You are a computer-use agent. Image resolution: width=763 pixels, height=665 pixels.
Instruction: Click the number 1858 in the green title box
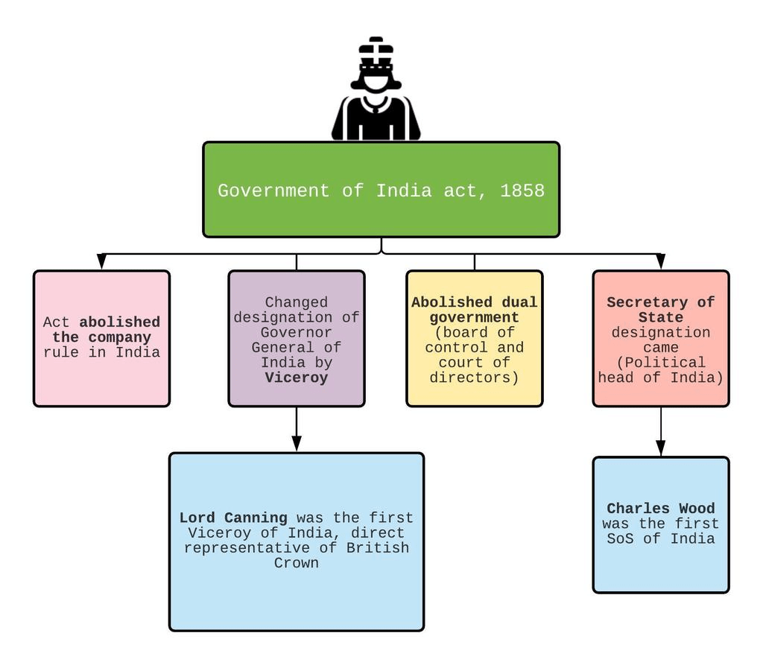(x=522, y=191)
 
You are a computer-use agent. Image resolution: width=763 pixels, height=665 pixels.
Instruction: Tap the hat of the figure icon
(x=376, y=52)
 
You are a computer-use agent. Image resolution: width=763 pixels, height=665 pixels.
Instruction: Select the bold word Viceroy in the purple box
(x=297, y=378)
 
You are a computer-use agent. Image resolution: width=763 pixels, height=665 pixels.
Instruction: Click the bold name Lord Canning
(x=233, y=518)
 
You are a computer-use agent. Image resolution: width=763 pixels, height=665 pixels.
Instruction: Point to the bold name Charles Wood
(x=660, y=509)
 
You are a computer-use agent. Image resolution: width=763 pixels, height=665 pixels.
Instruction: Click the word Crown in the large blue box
(x=297, y=563)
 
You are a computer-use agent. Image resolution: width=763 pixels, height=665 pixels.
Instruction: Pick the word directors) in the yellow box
(x=474, y=378)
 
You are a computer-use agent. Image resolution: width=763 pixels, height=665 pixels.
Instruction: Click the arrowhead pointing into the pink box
(x=101, y=261)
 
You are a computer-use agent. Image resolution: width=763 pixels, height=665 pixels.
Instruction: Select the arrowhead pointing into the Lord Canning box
(x=297, y=443)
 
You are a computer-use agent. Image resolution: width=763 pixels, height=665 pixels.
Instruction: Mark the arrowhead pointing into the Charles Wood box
(x=661, y=448)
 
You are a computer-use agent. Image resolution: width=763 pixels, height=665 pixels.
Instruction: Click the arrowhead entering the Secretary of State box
(x=661, y=261)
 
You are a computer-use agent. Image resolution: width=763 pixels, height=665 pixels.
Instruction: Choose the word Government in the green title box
(x=273, y=191)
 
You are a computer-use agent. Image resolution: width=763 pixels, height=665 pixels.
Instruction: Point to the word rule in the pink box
(x=61, y=352)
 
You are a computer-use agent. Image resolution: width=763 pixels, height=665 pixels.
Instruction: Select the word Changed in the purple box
(x=297, y=302)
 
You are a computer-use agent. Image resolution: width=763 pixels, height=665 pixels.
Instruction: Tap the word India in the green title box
(x=404, y=191)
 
